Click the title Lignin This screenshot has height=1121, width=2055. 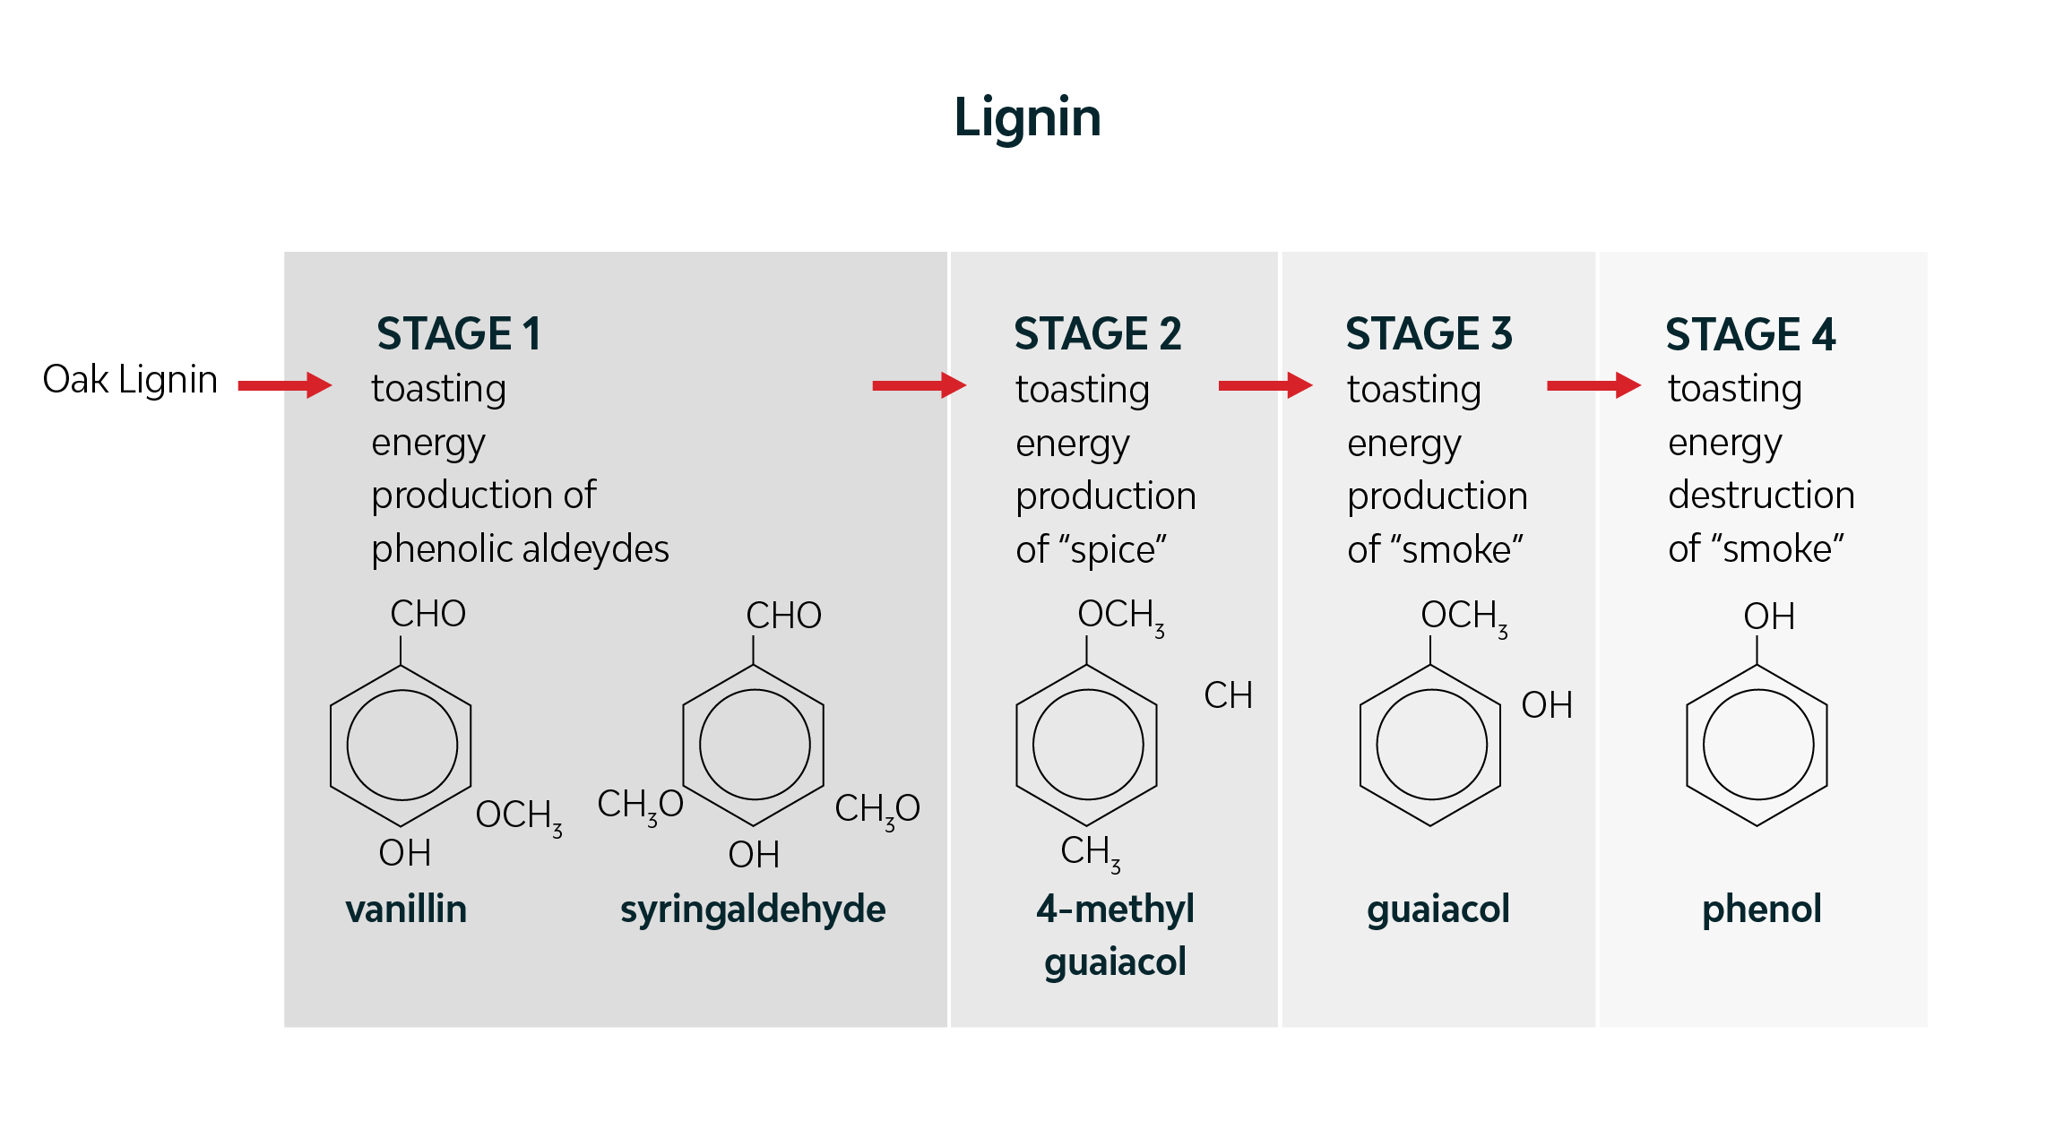[x=1027, y=117]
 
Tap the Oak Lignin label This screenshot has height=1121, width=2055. [x=130, y=380]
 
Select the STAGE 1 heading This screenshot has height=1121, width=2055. [x=459, y=333]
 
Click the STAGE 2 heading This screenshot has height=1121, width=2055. [x=1097, y=333]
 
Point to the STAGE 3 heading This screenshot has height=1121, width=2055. [x=1429, y=333]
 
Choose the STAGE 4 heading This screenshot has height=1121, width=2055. [x=1749, y=334]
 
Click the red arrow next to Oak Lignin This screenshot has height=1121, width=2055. [x=285, y=385]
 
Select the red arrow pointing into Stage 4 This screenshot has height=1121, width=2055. [x=1593, y=385]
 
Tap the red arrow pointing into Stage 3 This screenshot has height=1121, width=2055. [x=1265, y=385]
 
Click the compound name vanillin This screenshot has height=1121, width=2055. [x=406, y=909]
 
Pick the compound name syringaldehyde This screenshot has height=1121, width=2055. [x=753, y=909]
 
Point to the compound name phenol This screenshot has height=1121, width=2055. [x=1761, y=909]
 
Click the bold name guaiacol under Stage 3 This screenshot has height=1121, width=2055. [x=1438, y=909]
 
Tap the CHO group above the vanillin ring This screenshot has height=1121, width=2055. [x=427, y=614]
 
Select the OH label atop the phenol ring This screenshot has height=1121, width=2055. [x=1768, y=617]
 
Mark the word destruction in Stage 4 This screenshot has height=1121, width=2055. [x=1760, y=495]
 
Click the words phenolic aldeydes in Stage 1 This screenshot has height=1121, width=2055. [x=520, y=548]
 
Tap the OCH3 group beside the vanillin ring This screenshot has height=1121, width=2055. [x=518, y=816]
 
